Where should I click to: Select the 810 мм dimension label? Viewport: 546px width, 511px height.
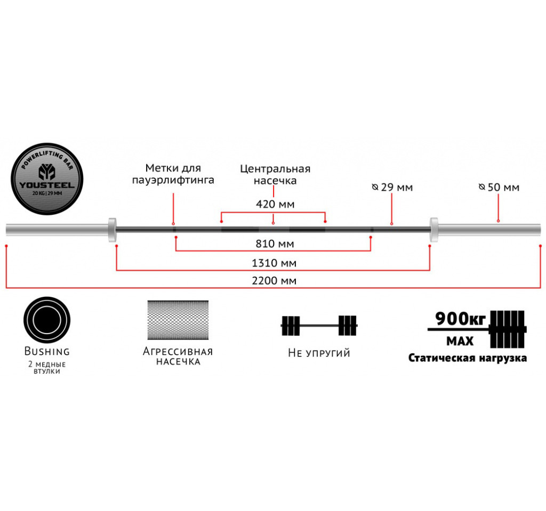click(x=273, y=244)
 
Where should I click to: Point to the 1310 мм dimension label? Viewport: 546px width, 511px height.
click(x=273, y=263)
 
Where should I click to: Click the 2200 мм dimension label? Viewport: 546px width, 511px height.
click(x=273, y=281)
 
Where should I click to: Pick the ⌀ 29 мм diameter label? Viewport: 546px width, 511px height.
click(x=392, y=188)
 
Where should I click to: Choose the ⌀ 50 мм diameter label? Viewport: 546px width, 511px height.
click(x=499, y=188)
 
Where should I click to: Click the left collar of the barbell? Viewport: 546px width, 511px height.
click(x=112, y=230)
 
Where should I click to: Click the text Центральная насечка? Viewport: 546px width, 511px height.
click(x=275, y=175)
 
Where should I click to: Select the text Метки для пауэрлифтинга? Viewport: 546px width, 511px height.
click(x=173, y=174)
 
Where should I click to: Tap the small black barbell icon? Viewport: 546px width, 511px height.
click(x=319, y=325)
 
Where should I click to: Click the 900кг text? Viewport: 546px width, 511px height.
click(x=460, y=319)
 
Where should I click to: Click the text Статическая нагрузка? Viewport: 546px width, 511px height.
click(x=468, y=358)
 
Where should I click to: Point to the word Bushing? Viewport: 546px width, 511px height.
click(x=47, y=352)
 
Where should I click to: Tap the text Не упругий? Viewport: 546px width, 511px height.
click(x=319, y=353)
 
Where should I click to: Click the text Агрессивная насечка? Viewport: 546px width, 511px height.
click(x=178, y=356)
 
